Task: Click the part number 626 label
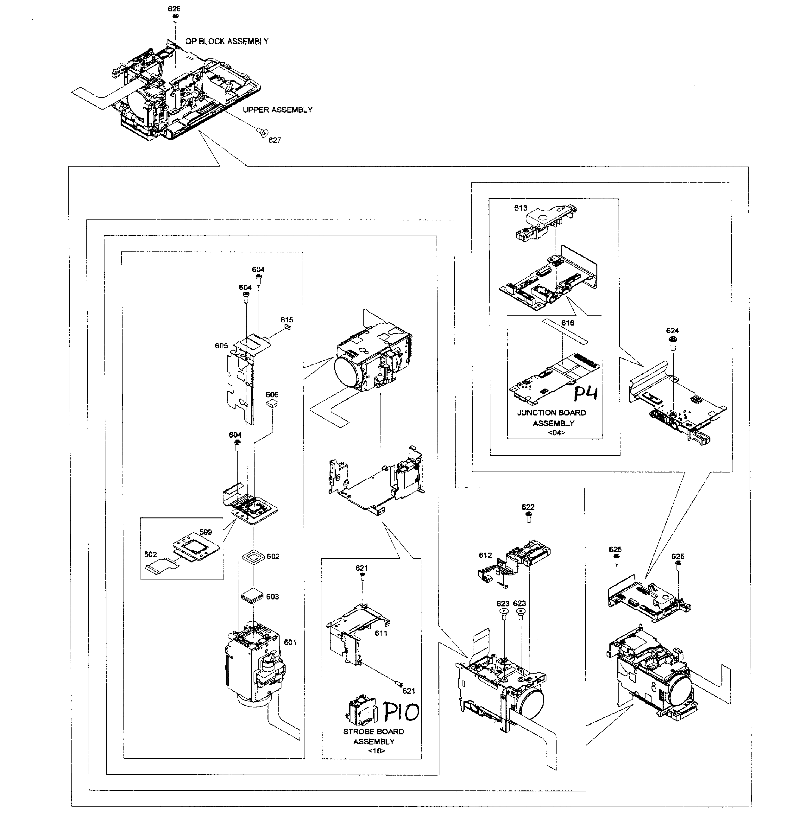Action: click(x=174, y=9)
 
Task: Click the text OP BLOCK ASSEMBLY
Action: click(x=227, y=41)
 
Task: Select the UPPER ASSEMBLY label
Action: click(x=277, y=110)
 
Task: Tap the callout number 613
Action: click(x=521, y=208)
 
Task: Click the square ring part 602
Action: click(x=253, y=556)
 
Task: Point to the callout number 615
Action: click(x=287, y=320)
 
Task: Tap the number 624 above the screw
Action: click(x=672, y=331)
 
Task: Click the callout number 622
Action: click(x=528, y=507)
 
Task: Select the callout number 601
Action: click(x=290, y=642)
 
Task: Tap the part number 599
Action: click(x=206, y=532)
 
